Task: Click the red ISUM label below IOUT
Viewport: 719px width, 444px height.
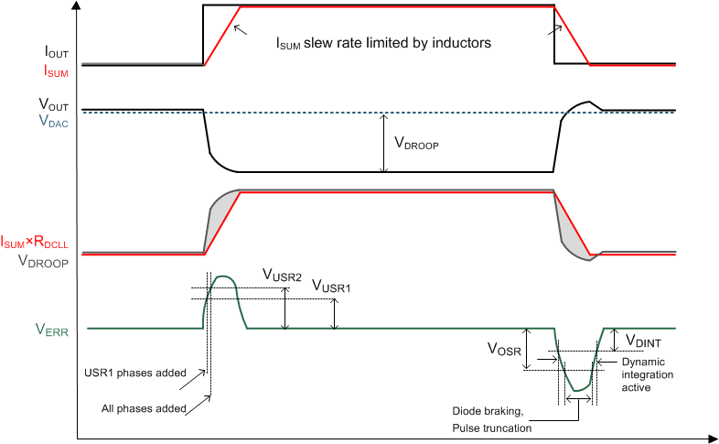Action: [x=55, y=70]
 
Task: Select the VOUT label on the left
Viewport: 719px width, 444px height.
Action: [x=55, y=104]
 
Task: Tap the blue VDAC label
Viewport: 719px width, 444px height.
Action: [x=55, y=119]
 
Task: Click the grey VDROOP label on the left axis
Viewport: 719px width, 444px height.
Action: [x=45, y=259]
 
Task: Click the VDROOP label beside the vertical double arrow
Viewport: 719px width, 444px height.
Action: [x=416, y=143]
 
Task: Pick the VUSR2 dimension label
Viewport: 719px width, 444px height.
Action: [x=282, y=274]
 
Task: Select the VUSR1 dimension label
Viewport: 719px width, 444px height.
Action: [x=331, y=287]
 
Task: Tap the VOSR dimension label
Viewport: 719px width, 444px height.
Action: [x=504, y=349]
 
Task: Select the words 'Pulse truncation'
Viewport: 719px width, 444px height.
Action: [x=492, y=428]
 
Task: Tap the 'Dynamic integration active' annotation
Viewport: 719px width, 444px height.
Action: [x=649, y=374]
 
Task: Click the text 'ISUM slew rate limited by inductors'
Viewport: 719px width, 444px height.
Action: [x=384, y=42]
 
